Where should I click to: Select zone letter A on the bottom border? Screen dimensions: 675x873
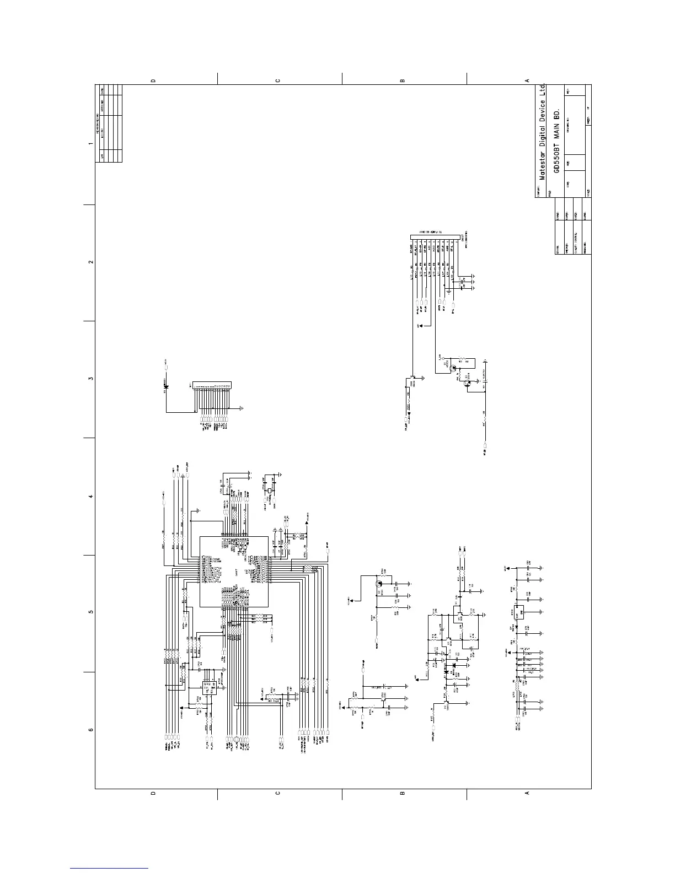pyautogui.click(x=527, y=794)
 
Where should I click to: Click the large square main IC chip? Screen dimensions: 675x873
pyautogui.click(x=234, y=571)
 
